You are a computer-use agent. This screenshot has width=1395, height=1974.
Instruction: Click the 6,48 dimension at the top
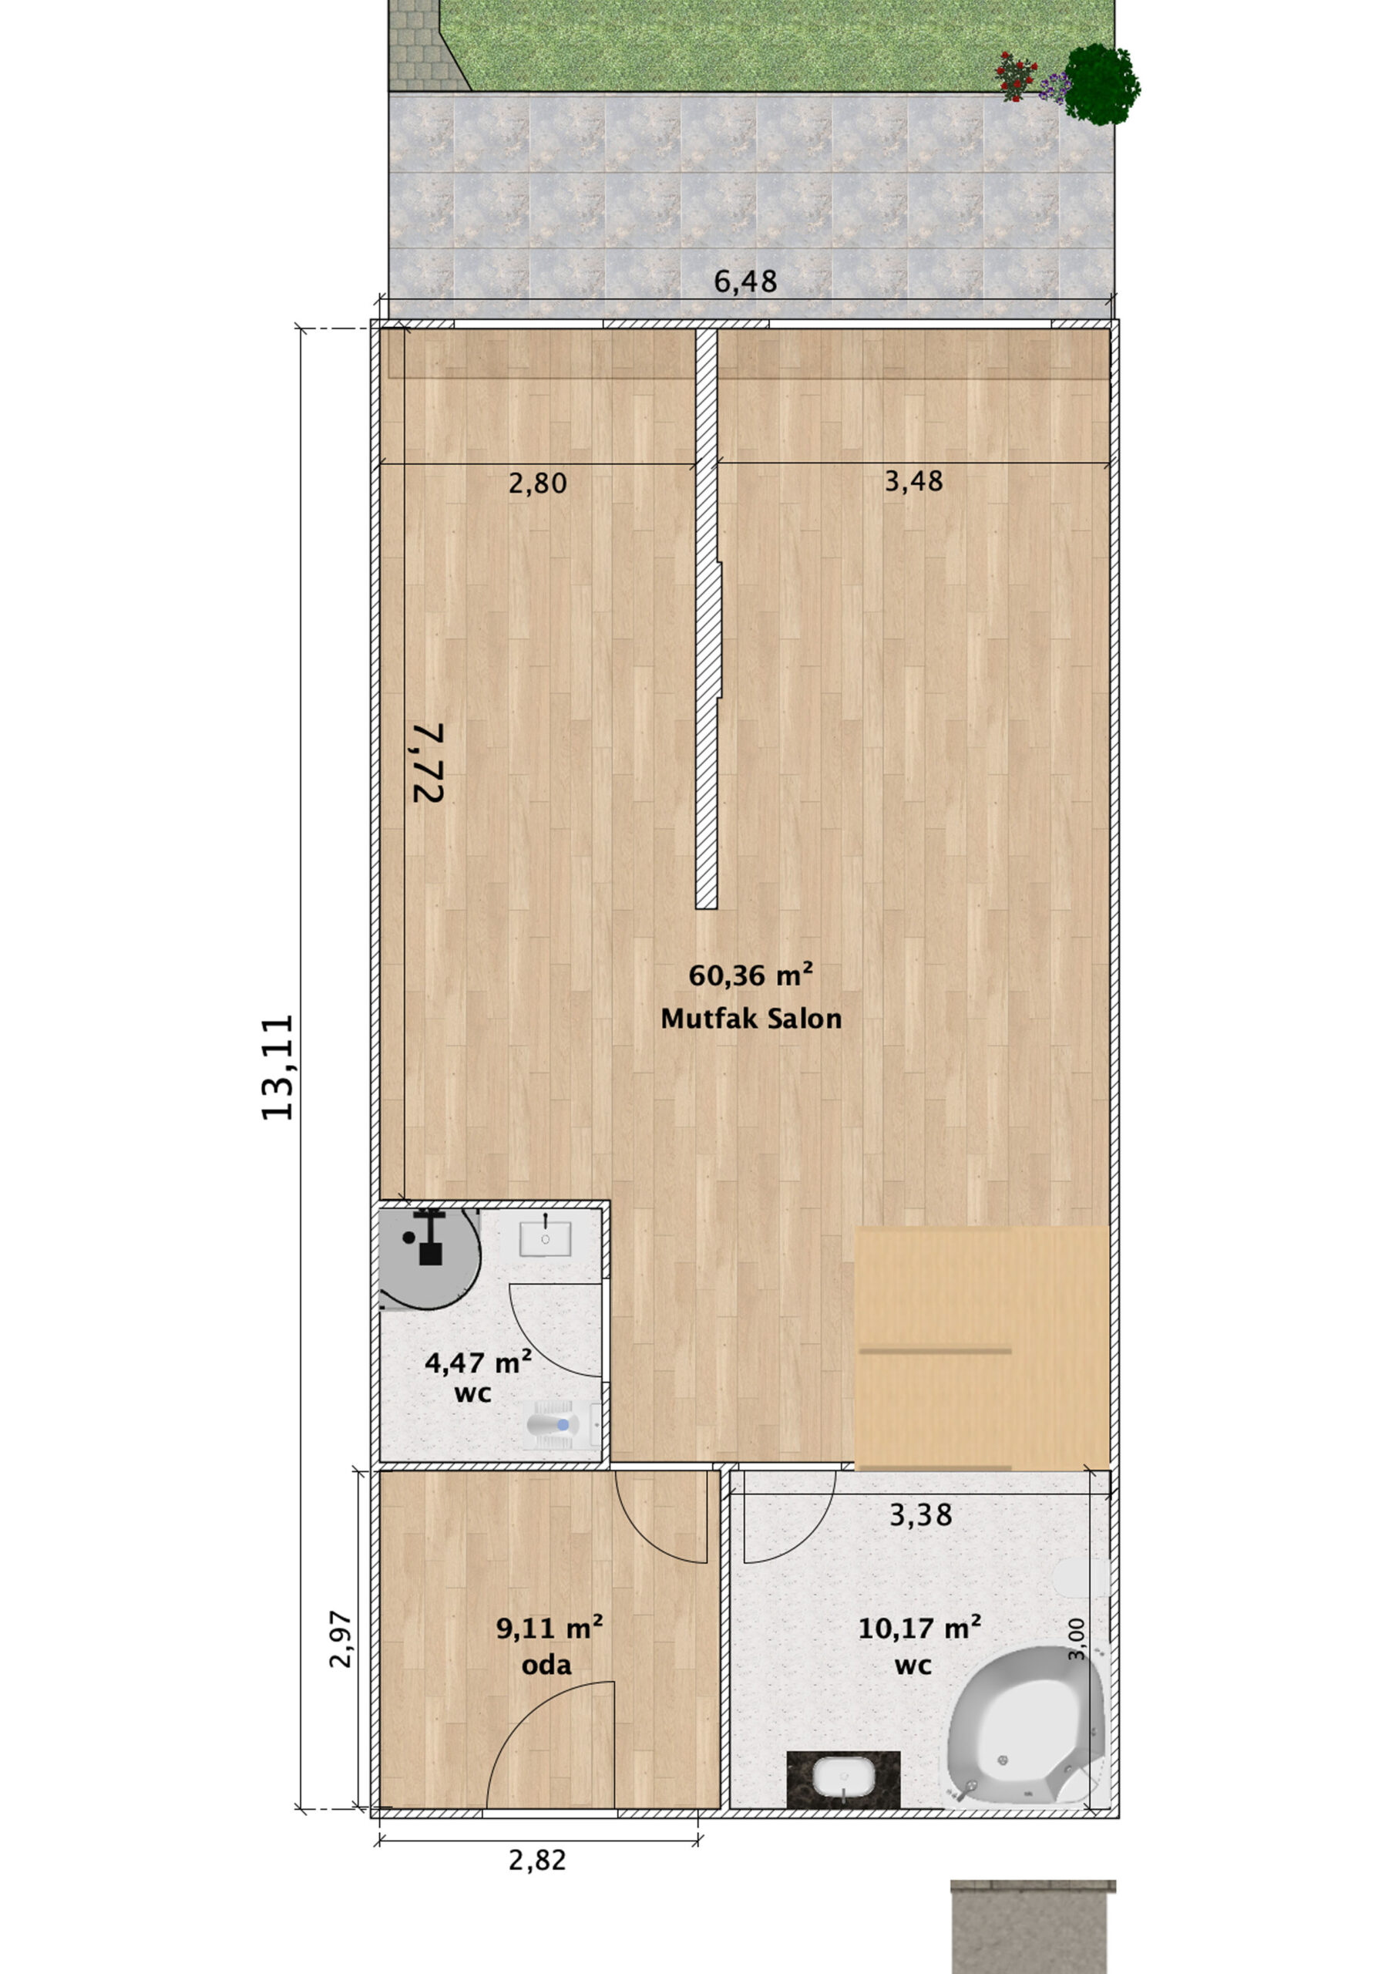click(x=745, y=281)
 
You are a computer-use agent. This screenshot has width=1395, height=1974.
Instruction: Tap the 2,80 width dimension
click(x=537, y=483)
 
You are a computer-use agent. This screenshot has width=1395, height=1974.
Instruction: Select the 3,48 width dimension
click(x=913, y=480)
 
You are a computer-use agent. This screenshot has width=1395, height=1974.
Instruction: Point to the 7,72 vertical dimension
click(x=428, y=763)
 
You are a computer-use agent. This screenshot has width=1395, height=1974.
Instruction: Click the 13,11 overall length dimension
click(x=277, y=1067)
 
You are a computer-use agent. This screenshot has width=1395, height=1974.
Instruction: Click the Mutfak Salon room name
click(x=751, y=1019)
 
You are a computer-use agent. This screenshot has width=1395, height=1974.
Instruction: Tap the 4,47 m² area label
click(x=478, y=1363)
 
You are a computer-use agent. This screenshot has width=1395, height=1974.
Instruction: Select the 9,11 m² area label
click(x=550, y=1628)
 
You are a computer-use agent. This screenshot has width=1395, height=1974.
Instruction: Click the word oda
click(x=546, y=1666)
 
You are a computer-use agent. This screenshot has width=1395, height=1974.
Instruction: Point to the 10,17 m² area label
click(x=919, y=1628)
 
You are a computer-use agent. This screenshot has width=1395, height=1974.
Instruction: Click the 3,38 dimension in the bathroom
click(x=920, y=1515)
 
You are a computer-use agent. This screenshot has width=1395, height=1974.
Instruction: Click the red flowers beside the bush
click(x=1017, y=76)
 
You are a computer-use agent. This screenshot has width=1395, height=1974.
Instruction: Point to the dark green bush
click(x=1101, y=84)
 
